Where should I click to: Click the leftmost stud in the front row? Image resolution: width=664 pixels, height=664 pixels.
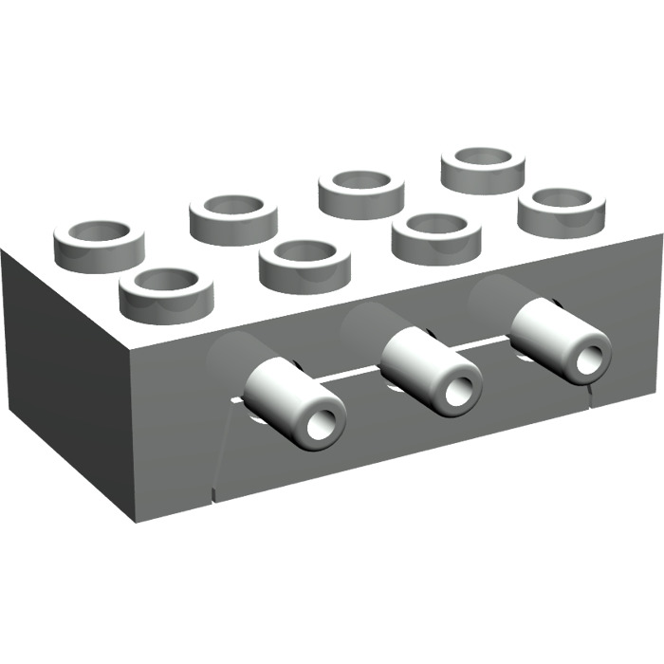pyautogui.click(x=166, y=291)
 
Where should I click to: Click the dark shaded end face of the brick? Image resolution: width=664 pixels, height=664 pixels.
pyautogui.click(x=66, y=379)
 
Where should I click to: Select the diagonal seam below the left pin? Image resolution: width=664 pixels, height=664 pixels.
pyautogui.click(x=220, y=455)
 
